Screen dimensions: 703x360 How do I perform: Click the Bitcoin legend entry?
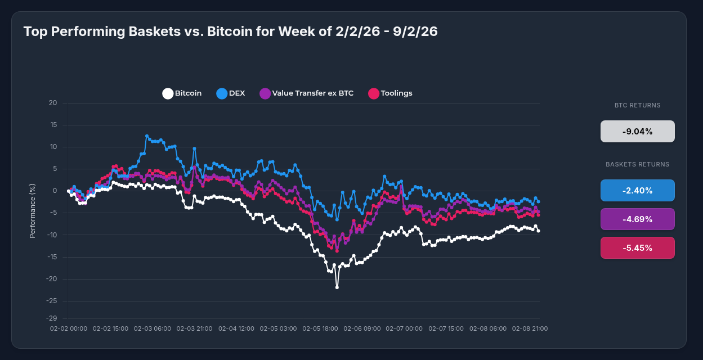[182, 93]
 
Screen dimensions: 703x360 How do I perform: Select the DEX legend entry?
[231, 93]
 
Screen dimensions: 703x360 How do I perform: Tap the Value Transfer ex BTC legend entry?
[307, 93]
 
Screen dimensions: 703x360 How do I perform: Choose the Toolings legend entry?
[390, 93]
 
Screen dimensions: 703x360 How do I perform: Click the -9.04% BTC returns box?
[637, 132]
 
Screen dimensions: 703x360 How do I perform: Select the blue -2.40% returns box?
[637, 191]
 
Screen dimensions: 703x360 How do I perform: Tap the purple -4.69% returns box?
[637, 219]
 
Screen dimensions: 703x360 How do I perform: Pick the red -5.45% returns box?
[637, 248]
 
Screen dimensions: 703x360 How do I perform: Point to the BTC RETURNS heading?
[637, 105]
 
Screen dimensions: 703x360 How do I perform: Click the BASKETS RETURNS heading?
[637, 164]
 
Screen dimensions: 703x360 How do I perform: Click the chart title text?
[230, 31]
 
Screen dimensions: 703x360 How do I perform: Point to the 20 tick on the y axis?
[53, 103]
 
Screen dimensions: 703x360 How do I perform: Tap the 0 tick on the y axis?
[55, 191]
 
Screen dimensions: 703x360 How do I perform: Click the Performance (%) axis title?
[33, 210]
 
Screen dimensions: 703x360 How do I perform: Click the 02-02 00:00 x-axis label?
[69, 328]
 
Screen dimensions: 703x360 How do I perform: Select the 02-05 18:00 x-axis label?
[320, 328]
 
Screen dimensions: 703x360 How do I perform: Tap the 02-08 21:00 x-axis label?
[530, 328]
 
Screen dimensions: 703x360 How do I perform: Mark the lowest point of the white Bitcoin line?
[337, 287]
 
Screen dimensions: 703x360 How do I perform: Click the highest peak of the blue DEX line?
[147, 136]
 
